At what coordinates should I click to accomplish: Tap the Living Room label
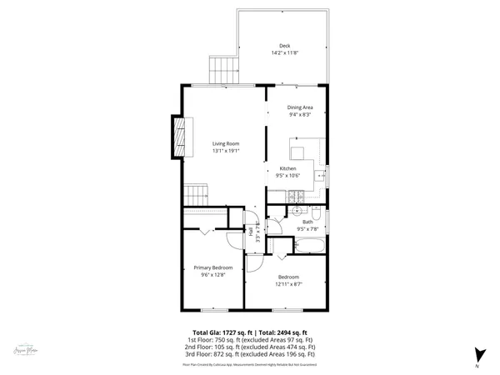click(226, 144)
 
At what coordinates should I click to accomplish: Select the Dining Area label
click(300, 107)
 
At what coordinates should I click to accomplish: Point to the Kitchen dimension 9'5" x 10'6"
click(287, 176)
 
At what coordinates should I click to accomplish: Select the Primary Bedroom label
click(213, 267)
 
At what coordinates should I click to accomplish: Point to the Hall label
click(251, 234)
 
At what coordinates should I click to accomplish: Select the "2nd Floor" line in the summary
click(250, 346)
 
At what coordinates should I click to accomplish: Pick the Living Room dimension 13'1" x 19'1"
click(226, 151)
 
